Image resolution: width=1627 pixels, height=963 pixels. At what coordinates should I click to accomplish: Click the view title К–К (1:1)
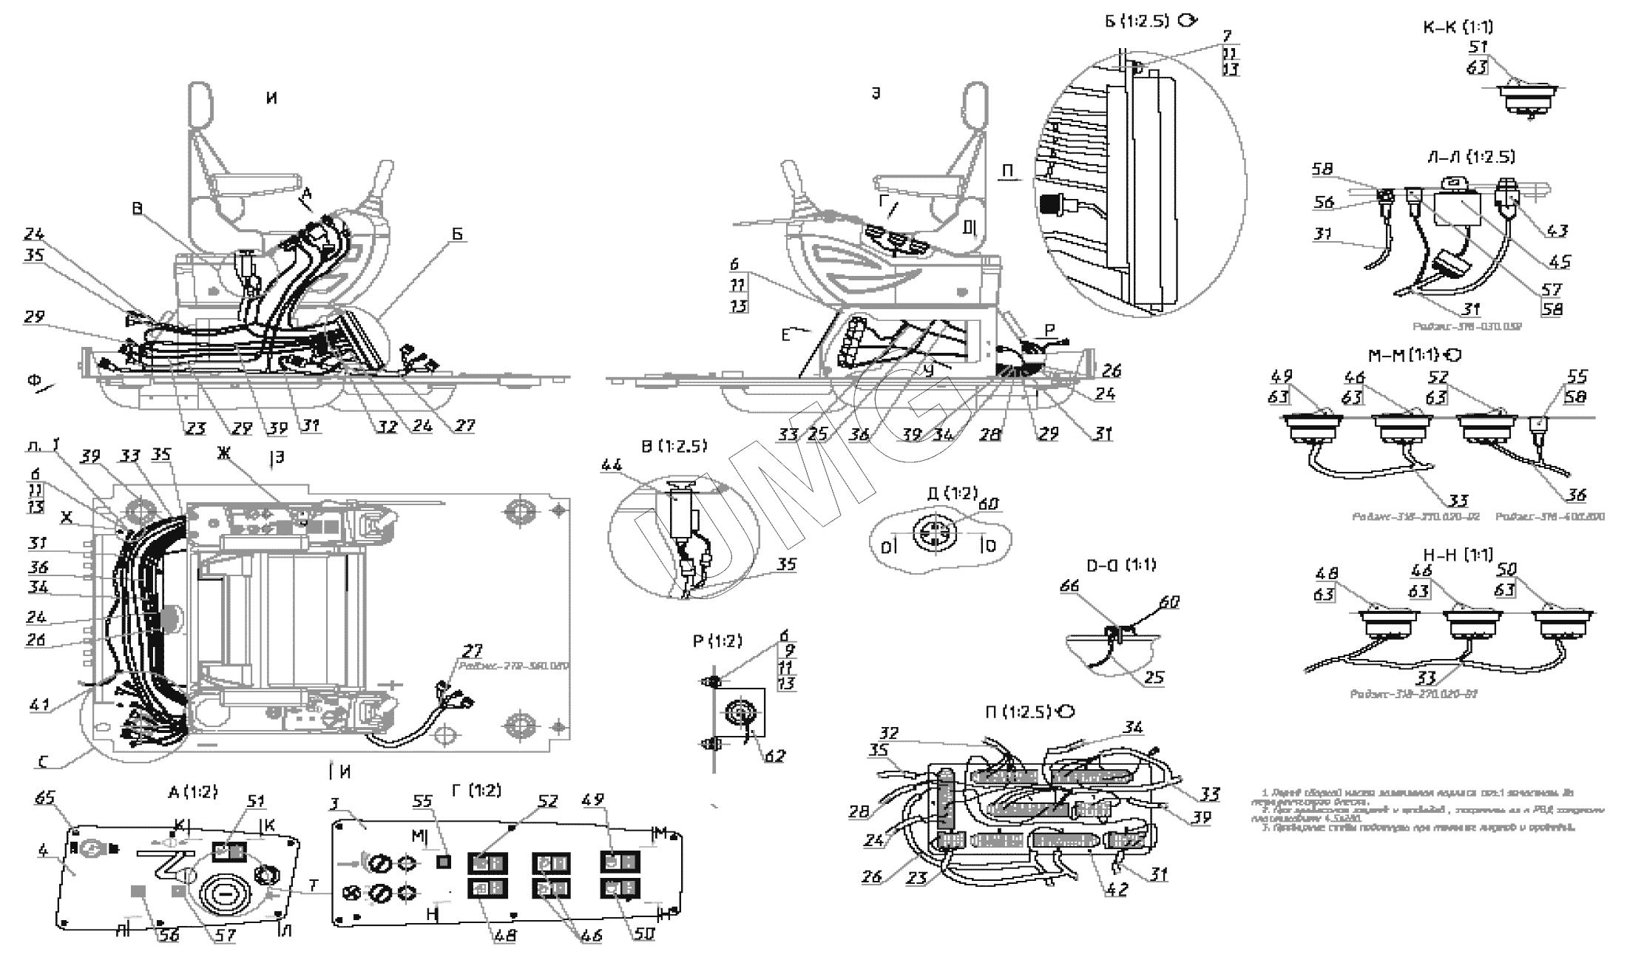(x=1458, y=27)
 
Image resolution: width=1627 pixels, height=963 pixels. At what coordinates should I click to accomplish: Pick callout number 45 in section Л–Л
(x=1560, y=262)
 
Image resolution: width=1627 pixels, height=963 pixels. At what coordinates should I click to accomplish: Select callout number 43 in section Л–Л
(x=1557, y=231)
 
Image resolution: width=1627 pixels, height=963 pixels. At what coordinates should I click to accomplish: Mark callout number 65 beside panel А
(x=45, y=798)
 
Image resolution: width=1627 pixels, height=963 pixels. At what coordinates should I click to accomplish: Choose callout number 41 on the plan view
(x=39, y=704)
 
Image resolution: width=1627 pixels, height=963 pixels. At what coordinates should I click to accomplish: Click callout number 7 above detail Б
(x=1228, y=35)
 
